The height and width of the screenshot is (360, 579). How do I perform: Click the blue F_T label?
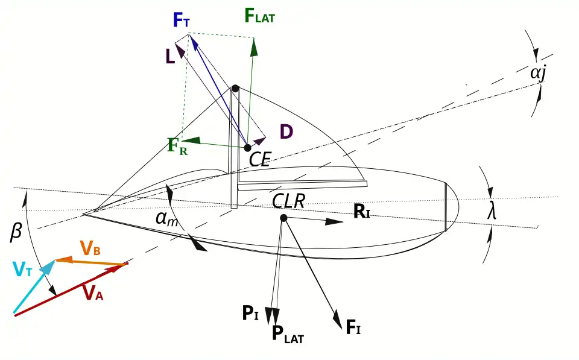[x=182, y=21]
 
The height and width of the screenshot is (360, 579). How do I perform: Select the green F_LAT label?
[x=260, y=16]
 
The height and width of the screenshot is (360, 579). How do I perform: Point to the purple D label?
[x=286, y=132]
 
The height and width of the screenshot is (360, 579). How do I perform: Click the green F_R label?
[x=177, y=147]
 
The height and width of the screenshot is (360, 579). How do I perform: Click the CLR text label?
[x=287, y=201]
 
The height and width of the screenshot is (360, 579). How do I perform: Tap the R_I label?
[x=361, y=212]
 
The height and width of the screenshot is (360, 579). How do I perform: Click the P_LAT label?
[x=288, y=334]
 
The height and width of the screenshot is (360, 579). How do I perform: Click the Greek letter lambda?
[x=493, y=211]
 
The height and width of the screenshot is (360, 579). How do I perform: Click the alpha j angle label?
[x=538, y=73]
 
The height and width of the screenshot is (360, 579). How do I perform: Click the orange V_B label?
[x=90, y=247]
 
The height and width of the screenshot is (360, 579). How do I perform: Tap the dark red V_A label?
[x=93, y=293]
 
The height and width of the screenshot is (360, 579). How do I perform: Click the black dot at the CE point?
[x=247, y=148]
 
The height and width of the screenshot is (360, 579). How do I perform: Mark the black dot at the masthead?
[x=235, y=89]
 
